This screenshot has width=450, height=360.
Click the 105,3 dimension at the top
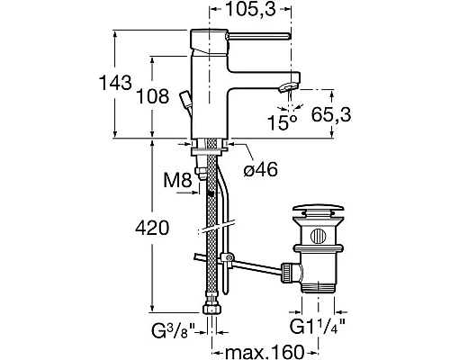coord(250,9)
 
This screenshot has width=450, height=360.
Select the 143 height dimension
coord(115,83)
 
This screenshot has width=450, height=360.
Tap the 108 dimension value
coord(153,96)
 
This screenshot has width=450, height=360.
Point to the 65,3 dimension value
coord(331,114)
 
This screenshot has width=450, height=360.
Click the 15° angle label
coord(283,122)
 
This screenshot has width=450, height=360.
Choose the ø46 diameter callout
coord(261,170)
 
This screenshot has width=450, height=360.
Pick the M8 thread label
coord(177,181)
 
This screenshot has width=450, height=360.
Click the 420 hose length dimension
coord(152,228)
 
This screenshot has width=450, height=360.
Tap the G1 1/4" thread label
coord(318,327)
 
